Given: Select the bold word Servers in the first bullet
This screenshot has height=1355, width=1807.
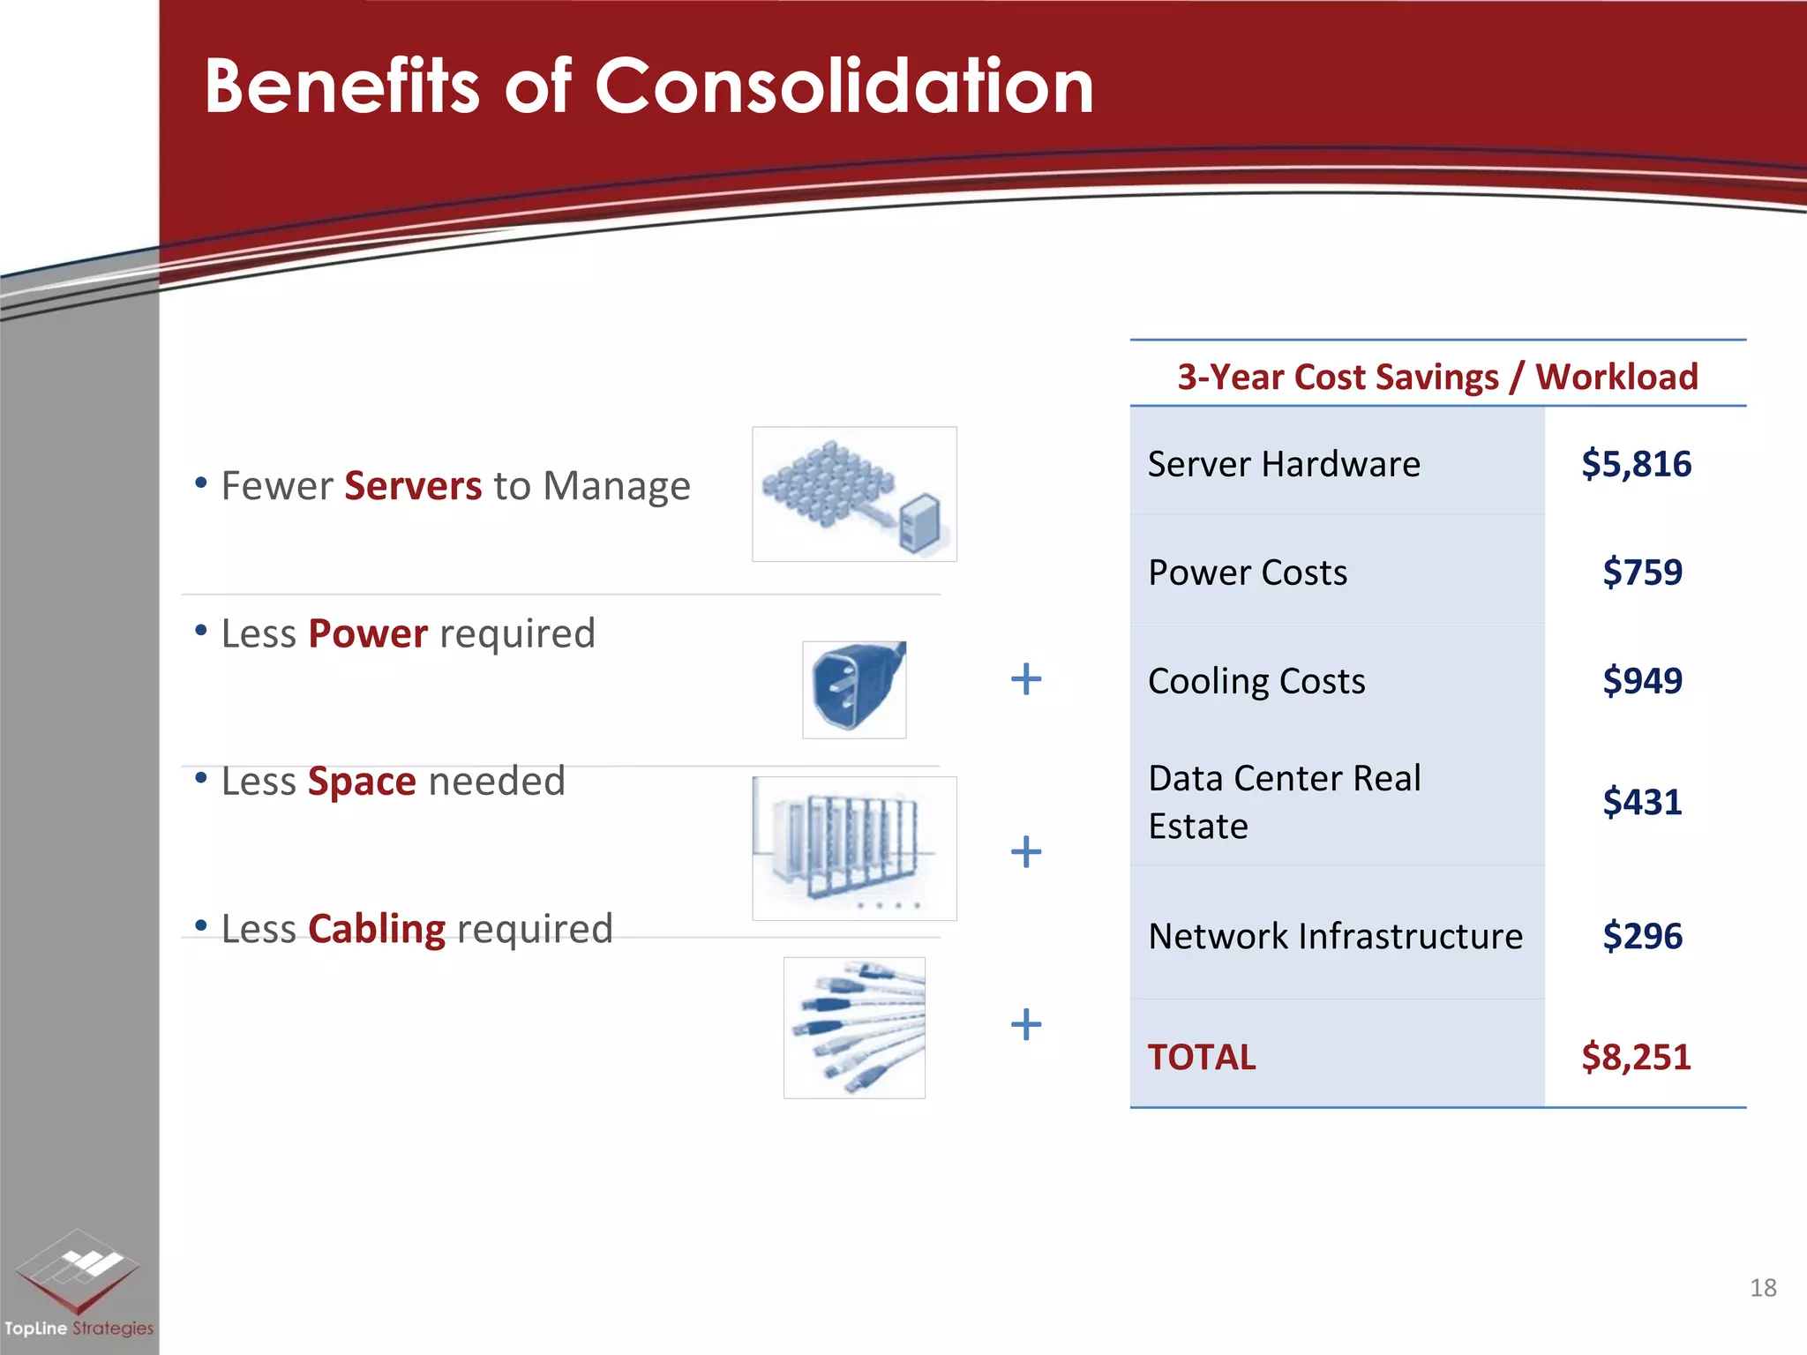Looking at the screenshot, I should [413, 486].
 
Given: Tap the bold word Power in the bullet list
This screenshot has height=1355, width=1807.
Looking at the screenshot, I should [368, 633].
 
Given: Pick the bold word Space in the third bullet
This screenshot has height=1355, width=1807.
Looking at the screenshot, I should [362, 782].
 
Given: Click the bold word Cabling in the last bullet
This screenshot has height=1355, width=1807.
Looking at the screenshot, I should [377, 929].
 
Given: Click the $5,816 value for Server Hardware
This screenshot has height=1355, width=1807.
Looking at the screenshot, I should [1636, 464].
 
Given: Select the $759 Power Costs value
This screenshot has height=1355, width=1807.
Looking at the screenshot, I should [1642, 573].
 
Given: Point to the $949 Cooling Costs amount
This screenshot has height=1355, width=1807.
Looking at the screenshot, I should [1642, 681].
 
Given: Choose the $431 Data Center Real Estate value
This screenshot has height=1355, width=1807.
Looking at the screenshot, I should [1642, 802].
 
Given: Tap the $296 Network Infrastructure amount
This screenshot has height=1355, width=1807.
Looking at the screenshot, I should [1642, 936].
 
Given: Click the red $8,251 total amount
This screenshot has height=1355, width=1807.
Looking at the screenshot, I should [1636, 1057].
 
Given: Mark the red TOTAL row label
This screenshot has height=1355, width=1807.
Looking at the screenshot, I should [1201, 1057].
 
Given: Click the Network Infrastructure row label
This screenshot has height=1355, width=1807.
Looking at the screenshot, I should [1335, 936].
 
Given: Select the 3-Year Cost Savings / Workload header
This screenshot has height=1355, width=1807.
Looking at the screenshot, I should [1437, 377].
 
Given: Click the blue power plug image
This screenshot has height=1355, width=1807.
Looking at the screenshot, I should [853, 689].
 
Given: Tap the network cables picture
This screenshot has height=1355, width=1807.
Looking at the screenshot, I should [854, 1028].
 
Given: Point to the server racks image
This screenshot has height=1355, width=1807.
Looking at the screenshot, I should [853, 848].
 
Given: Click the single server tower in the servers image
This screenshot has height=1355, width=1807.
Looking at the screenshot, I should [920, 522].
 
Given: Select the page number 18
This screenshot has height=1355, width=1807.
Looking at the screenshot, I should [1763, 1288].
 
